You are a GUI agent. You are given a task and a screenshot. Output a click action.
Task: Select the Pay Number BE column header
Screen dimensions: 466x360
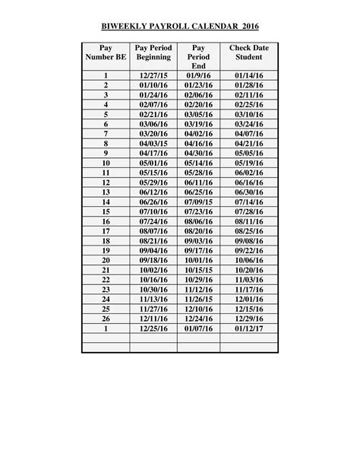[106, 52]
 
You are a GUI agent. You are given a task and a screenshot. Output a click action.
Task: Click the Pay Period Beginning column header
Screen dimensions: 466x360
[153, 52]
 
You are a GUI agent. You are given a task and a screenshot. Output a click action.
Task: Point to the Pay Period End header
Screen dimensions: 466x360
[199, 57]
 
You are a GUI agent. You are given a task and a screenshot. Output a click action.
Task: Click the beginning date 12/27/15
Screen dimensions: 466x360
[153, 75]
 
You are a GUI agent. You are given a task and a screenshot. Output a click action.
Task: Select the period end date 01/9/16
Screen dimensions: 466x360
[199, 75]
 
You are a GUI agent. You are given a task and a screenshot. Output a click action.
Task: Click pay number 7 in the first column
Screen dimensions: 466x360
[106, 133]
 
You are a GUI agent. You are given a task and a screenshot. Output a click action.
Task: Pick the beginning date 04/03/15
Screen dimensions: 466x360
[153, 143]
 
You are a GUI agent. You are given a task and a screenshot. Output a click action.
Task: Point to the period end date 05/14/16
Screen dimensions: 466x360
[199, 163]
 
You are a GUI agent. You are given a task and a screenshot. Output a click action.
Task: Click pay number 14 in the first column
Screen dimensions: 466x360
[106, 202]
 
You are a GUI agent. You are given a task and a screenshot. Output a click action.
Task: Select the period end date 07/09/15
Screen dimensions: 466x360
[199, 202]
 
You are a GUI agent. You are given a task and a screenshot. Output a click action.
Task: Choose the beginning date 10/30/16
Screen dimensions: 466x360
[153, 290]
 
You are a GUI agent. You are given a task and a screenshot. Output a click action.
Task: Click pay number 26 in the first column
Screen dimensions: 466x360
[106, 319]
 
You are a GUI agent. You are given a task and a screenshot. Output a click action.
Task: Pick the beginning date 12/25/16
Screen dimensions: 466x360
[153, 329]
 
